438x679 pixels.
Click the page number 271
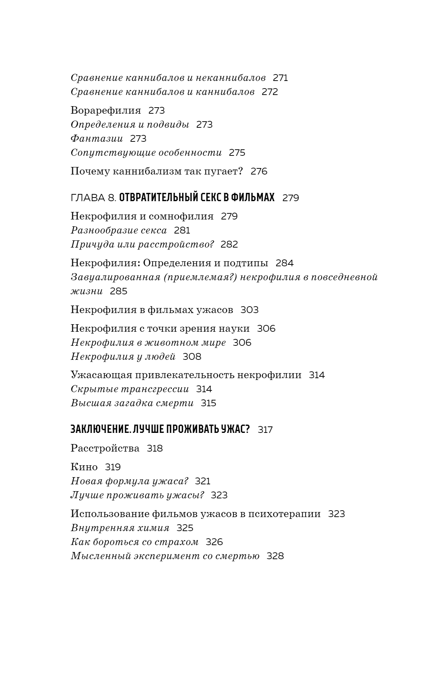coord(280,78)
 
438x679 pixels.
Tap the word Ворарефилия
coord(106,110)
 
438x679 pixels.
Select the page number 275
coord(237,153)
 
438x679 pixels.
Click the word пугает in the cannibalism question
coord(223,171)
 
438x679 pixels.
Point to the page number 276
coord(259,171)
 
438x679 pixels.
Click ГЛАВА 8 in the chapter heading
coord(93,198)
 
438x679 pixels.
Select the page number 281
coord(182,230)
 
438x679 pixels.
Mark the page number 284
coord(285,263)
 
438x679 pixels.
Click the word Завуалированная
coord(115,277)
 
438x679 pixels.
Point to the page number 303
coord(249,310)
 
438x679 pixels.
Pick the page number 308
coord(192,357)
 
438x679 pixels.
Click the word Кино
coord(84,467)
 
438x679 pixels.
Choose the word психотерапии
coord(285,514)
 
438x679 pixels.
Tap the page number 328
coord(275,556)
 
